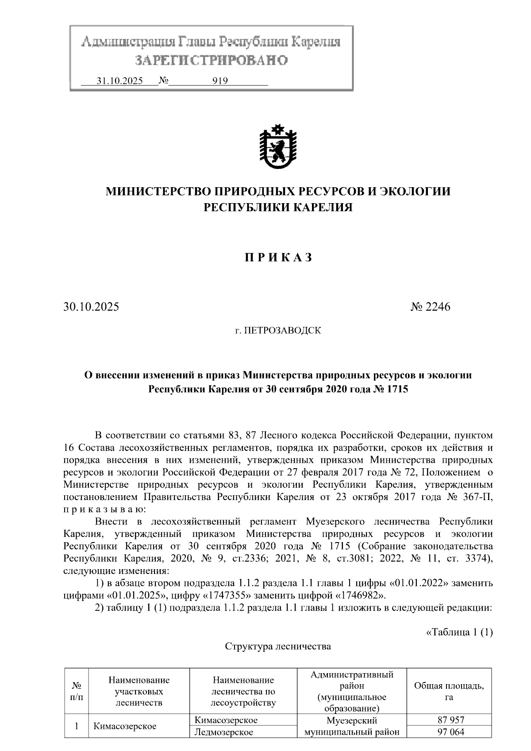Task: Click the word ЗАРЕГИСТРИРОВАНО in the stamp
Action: (x=211, y=60)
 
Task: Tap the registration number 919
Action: (x=220, y=81)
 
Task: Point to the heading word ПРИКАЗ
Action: (x=278, y=258)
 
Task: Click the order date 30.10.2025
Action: (x=91, y=307)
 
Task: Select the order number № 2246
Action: (x=430, y=307)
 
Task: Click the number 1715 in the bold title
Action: (x=396, y=389)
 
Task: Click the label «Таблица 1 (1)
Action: (x=459, y=632)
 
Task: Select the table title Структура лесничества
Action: (x=278, y=647)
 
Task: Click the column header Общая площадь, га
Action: (x=449, y=691)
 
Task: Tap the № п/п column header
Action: (x=77, y=691)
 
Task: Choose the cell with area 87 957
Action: (x=450, y=720)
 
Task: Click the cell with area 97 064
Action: (x=450, y=732)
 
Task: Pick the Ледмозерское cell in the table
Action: (x=224, y=732)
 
